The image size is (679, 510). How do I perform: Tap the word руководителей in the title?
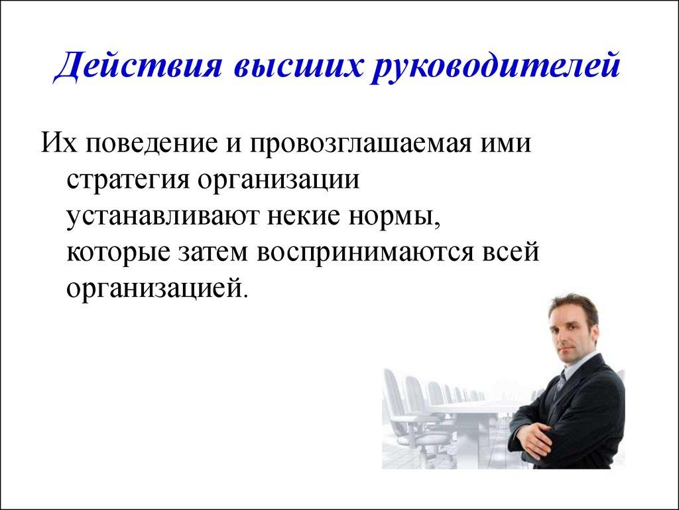499,68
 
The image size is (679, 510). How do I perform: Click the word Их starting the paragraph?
55,142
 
